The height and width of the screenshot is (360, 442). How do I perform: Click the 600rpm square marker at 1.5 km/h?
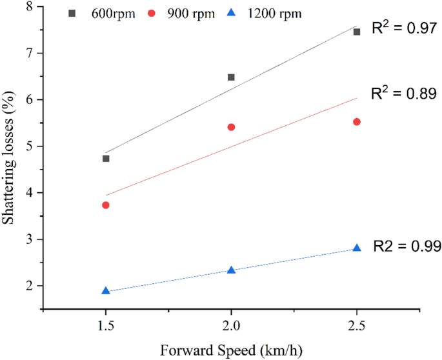(x=106, y=158)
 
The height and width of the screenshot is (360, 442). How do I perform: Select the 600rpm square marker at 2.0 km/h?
(x=231, y=77)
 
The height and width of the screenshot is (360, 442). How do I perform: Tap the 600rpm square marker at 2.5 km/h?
(x=357, y=32)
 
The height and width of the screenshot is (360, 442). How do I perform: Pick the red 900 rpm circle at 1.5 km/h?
(x=106, y=205)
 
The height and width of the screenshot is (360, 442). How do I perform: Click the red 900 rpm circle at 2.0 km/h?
(x=231, y=127)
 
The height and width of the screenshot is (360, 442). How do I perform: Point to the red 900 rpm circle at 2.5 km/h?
(x=357, y=121)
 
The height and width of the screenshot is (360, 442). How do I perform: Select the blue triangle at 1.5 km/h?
(x=106, y=291)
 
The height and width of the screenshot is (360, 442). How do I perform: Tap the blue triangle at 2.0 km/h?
(x=231, y=270)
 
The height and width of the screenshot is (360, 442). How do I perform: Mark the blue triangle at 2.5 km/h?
(x=357, y=248)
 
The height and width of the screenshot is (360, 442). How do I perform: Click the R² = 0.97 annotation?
(x=405, y=28)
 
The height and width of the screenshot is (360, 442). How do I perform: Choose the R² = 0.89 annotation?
(x=405, y=94)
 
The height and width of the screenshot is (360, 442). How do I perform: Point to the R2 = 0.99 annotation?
(x=408, y=246)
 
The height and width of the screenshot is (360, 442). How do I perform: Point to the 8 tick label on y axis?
(x=28, y=6)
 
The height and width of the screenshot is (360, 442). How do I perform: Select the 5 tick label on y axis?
(x=28, y=146)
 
